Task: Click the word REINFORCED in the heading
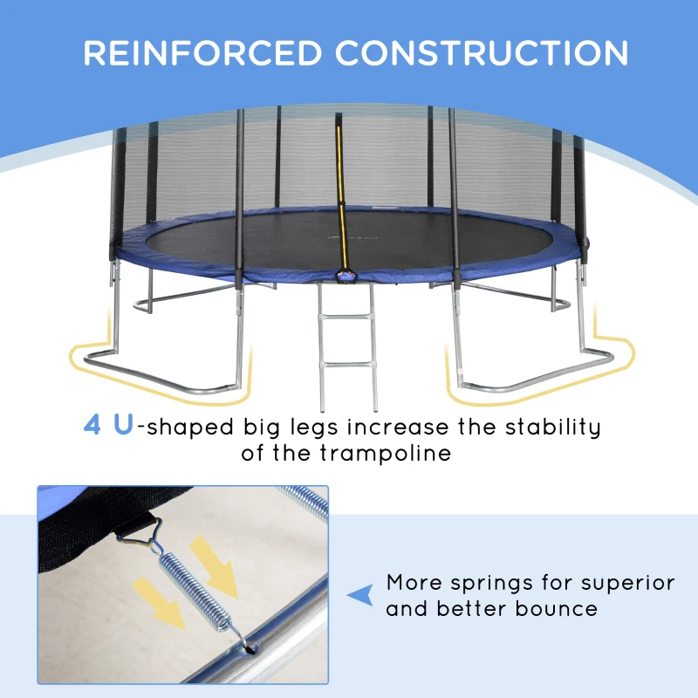(x=204, y=53)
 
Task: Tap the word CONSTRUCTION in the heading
(x=482, y=53)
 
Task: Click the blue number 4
(x=92, y=427)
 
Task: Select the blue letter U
(x=123, y=427)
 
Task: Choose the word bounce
(x=558, y=608)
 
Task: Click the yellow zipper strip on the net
(x=338, y=201)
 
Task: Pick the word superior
(x=626, y=582)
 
